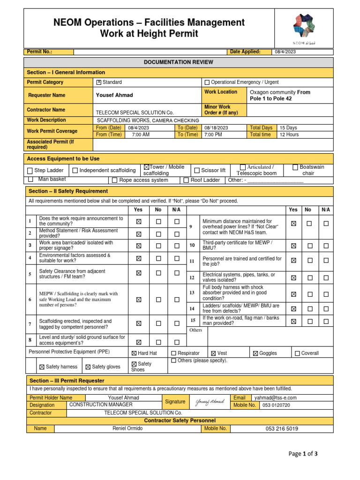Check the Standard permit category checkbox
tap(98, 82)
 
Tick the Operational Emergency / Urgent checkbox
tap(207, 82)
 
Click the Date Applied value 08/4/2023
tap(285, 52)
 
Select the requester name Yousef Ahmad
tap(114, 95)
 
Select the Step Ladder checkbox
tap(30, 171)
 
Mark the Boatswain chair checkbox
tap(295, 167)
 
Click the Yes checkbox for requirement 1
tap(138, 221)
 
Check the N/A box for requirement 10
tap(326, 246)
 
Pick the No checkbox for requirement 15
tap(309, 322)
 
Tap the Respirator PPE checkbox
tap(173, 353)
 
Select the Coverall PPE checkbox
tap(298, 353)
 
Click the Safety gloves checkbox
tap(88, 367)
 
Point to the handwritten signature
tap(209, 402)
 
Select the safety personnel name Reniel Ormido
tap(128, 428)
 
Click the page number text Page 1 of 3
tap(303, 454)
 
